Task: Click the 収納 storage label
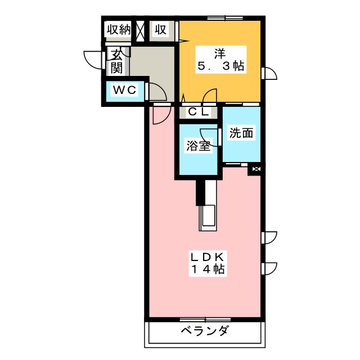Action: (x=119, y=30)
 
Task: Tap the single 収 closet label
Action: (x=161, y=30)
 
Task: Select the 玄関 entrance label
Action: (x=116, y=61)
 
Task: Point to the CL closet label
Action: (x=198, y=112)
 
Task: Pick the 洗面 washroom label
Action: (x=241, y=134)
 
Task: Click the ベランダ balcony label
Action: (x=204, y=331)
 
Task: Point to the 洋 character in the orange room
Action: (x=219, y=54)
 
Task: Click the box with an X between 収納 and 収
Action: (x=141, y=30)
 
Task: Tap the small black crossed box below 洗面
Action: (x=256, y=168)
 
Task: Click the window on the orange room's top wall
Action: (x=225, y=18)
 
